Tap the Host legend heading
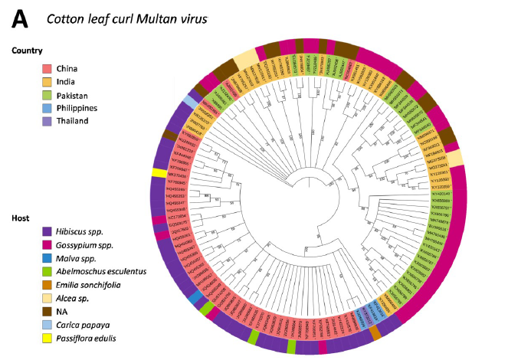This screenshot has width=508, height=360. pos(21,218)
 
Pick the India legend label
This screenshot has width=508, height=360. pos(68,82)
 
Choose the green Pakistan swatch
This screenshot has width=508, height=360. pos(48,95)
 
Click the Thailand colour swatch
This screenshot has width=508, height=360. pos(48,121)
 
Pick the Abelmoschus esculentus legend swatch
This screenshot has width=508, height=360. pos(48,273)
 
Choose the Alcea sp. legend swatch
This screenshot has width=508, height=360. pos(48,299)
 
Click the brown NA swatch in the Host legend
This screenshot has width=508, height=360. pos(48,312)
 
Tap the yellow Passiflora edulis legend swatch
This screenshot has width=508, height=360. pos(48,338)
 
